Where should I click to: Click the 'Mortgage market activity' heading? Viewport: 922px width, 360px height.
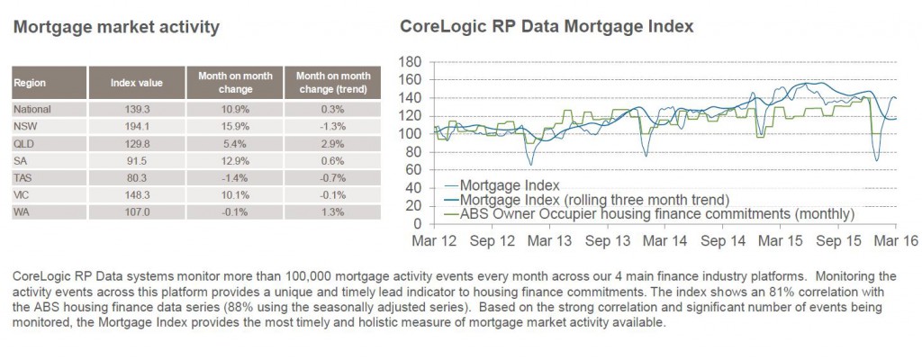(x=116, y=28)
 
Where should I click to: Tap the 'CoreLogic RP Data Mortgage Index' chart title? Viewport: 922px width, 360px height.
(x=547, y=27)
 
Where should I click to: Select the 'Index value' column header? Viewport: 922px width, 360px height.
(x=137, y=83)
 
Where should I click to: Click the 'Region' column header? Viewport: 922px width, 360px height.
(x=30, y=83)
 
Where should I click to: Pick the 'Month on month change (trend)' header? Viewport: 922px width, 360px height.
(x=333, y=83)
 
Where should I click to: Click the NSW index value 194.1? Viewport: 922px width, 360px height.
(x=137, y=127)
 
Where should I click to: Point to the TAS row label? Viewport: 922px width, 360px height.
(x=23, y=177)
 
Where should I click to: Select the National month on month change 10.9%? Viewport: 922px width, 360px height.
(x=235, y=110)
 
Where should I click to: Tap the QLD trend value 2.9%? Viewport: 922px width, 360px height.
(x=333, y=143)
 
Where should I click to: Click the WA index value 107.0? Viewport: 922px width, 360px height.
(x=137, y=212)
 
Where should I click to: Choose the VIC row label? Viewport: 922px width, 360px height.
(x=22, y=195)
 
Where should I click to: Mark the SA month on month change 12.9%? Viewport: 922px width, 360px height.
(x=235, y=160)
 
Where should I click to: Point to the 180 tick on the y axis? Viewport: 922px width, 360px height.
(x=410, y=62)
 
